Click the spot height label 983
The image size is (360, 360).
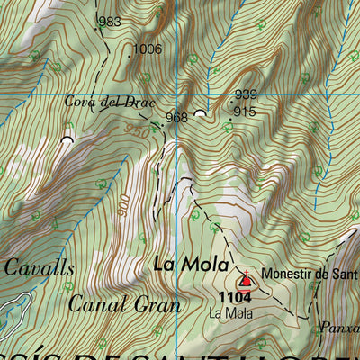point(110,22)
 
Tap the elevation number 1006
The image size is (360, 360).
point(147,49)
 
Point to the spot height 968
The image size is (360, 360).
point(176,117)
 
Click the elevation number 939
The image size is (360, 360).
point(245,94)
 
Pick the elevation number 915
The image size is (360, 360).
point(244,111)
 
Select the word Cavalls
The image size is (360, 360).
point(39,267)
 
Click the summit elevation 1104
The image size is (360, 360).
point(232,296)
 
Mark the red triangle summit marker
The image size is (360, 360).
point(247,282)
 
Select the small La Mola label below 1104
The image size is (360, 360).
point(230,313)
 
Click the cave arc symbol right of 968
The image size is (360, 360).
point(200,114)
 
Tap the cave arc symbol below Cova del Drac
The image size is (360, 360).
point(66,139)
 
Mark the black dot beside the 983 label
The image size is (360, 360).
point(98,28)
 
